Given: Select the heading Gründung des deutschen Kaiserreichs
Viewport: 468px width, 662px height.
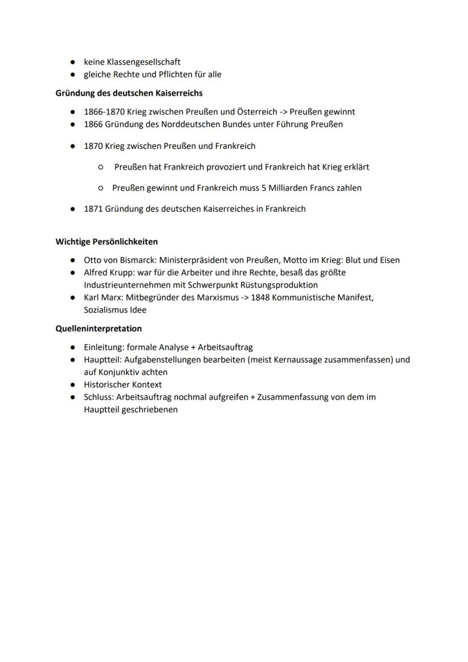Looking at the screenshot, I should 129,93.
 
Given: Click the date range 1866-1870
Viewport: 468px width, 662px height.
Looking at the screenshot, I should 104,112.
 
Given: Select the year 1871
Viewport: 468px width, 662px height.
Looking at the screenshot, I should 93,209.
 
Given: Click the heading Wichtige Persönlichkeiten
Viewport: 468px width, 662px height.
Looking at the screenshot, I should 106,242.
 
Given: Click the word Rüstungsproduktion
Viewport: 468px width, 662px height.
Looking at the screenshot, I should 274,285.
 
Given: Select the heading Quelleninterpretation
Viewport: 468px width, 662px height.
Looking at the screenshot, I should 98,328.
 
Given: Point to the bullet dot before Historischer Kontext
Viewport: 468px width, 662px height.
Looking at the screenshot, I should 73,385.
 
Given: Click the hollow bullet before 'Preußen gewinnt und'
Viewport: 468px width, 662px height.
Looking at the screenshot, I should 100,188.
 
